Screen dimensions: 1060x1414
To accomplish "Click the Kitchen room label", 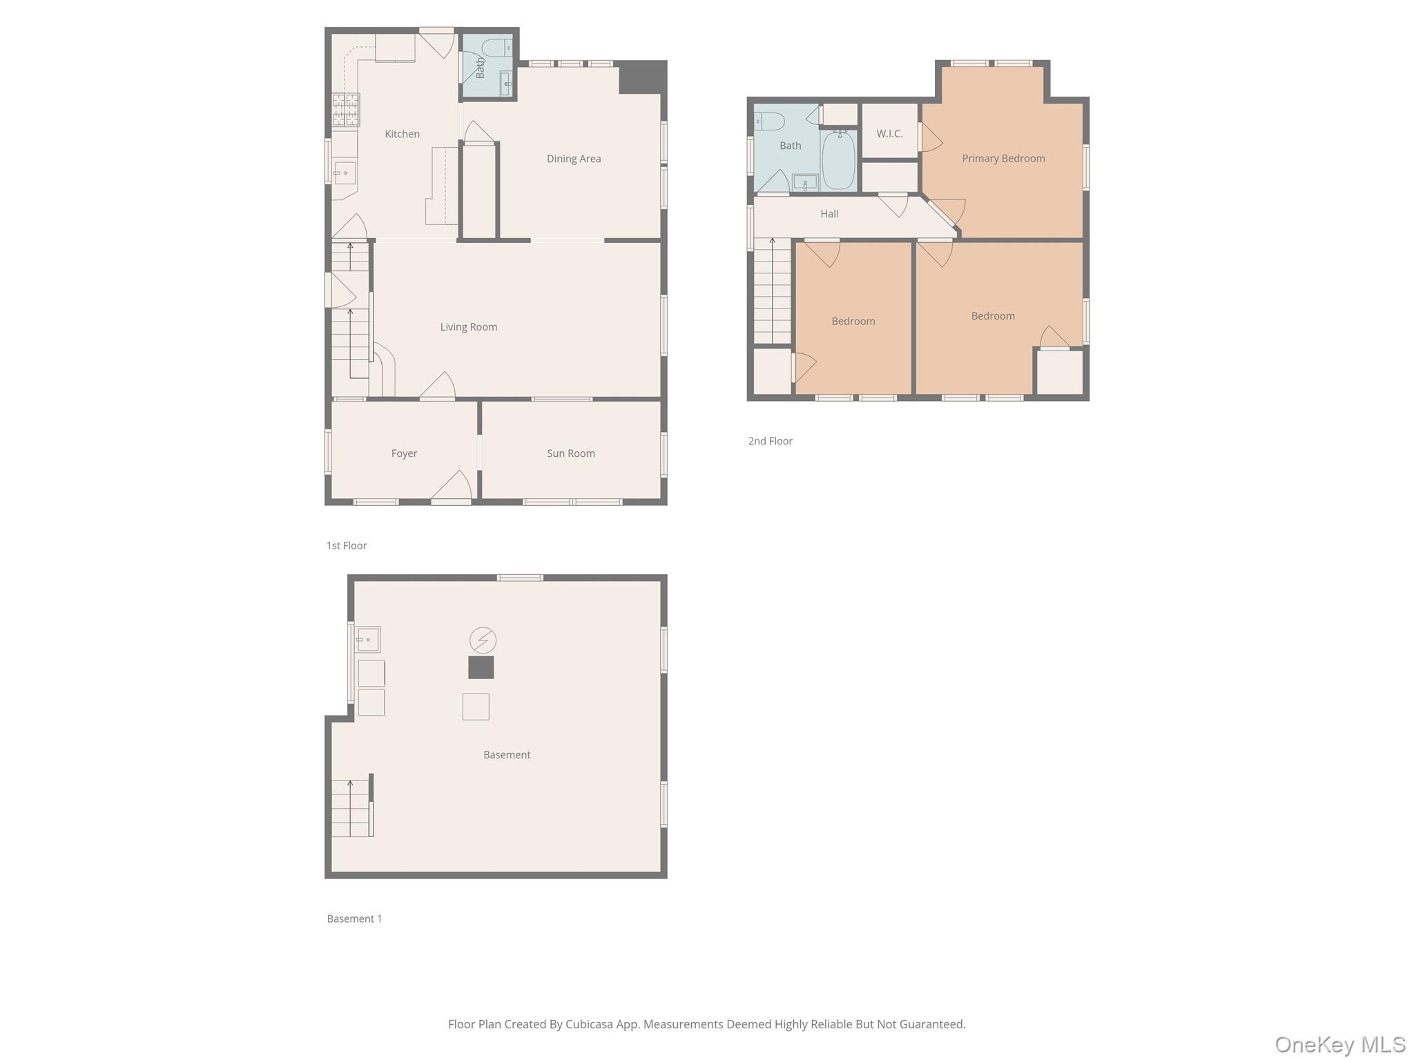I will pos(402,134).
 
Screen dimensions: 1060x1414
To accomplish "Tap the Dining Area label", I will pos(573,159).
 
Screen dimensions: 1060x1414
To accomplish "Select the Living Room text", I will pos(468,327).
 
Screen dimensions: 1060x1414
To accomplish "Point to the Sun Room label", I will pos(570,453).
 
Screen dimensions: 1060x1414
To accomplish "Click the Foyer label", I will pos(404,453).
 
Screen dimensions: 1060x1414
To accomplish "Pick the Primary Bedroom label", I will pos(1003,159).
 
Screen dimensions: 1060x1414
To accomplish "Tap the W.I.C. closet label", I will pos(889,134).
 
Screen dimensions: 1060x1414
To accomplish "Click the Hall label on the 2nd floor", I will pos(829,214).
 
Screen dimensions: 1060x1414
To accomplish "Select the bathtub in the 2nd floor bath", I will pos(838,160).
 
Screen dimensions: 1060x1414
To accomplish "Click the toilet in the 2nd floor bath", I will pos(769,121).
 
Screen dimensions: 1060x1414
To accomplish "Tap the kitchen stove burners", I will pos(345,110).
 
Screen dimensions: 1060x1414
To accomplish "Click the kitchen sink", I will pos(345,173).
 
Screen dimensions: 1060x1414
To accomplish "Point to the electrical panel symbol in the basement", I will pos(483,640).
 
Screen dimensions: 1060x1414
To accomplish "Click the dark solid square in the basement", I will pos(481,667).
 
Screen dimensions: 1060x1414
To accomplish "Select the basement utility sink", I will pos(368,639).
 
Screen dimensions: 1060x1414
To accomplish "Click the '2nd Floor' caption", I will pos(770,441).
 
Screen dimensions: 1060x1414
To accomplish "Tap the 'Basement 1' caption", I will pos(354,919).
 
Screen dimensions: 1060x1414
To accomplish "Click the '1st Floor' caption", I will pos(346,546).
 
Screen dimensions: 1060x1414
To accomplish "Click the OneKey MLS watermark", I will pos(1339,1045).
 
